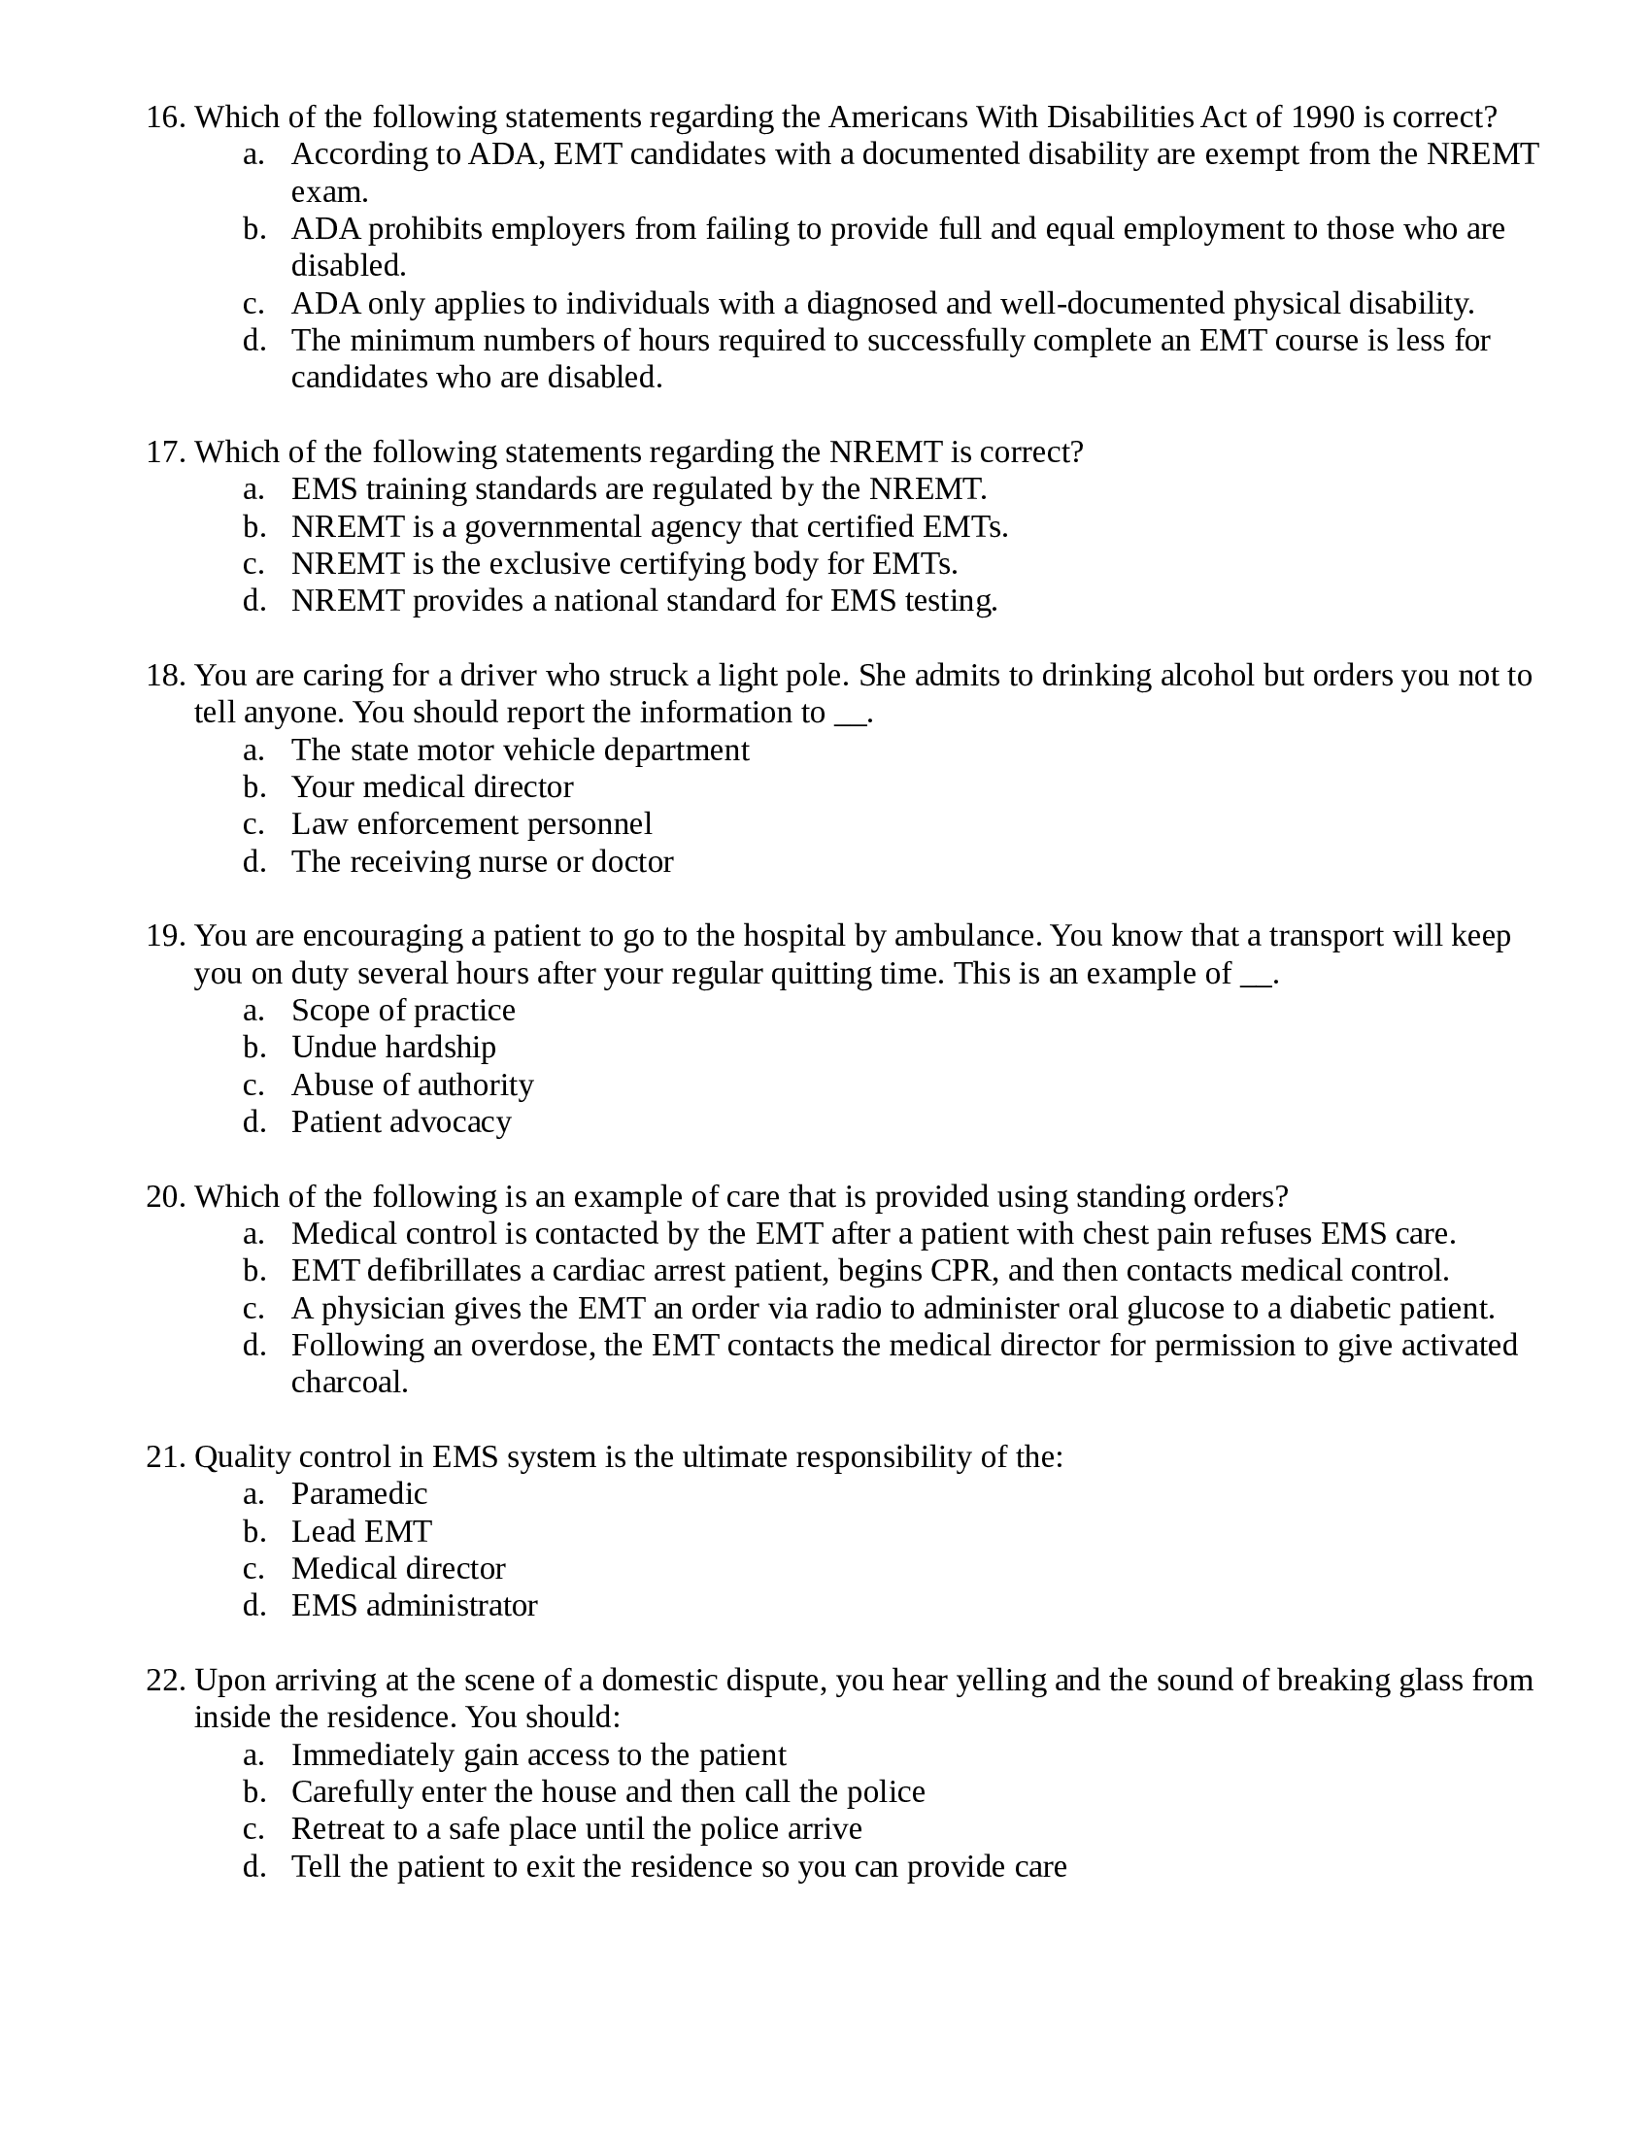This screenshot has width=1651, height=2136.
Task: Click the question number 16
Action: tap(165, 117)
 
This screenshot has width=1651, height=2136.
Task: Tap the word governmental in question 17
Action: tap(554, 527)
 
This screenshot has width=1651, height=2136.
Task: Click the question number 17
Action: tap(165, 452)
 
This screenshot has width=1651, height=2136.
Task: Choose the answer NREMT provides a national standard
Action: tap(644, 600)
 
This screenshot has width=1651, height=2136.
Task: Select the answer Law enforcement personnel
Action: tap(471, 824)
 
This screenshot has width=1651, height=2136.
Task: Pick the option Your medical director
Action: tap(431, 787)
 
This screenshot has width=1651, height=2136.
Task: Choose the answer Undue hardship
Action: tap(393, 1048)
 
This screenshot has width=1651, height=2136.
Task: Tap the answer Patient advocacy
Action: tap(401, 1121)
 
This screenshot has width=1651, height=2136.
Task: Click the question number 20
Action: tap(165, 1197)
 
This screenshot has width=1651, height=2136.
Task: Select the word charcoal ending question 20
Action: tap(349, 1383)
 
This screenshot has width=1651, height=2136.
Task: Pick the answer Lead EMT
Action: tap(361, 1531)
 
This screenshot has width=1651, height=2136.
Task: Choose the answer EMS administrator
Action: tap(414, 1606)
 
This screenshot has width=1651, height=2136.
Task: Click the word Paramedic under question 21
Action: tap(359, 1494)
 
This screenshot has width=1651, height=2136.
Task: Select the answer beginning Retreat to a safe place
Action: tap(576, 1829)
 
